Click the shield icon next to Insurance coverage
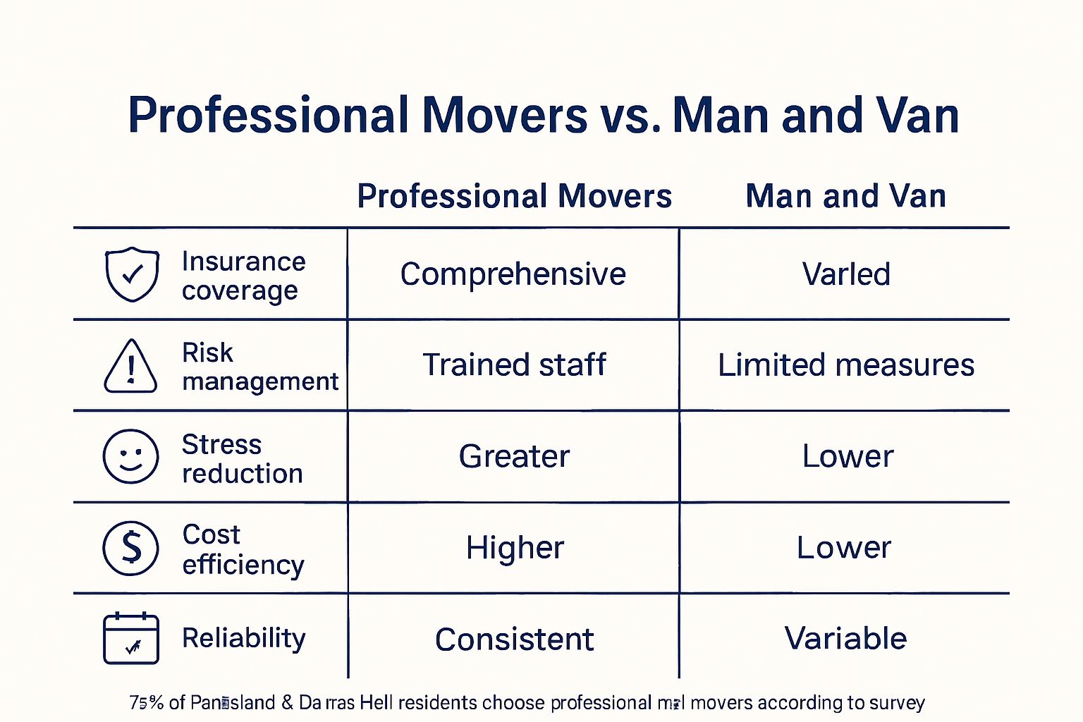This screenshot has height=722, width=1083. (x=131, y=274)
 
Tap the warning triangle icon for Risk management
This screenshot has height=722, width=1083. (x=130, y=366)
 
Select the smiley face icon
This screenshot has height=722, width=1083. (x=130, y=456)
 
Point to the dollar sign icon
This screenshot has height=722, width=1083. (x=131, y=548)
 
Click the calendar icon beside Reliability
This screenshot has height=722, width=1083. (x=131, y=638)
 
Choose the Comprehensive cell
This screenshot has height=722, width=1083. (x=513, y=274)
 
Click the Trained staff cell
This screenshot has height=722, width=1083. (x=514, y=365)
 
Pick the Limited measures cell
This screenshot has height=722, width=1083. (x=845, y=365)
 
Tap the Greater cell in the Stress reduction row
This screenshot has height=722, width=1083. (x=514, y=456)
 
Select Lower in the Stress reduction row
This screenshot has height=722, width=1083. (x=847, y=456)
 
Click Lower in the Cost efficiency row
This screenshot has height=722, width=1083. (x=844, y=548)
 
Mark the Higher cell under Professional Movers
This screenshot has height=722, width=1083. (x=515, y=548)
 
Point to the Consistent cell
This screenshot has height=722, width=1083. (x=514, y=640)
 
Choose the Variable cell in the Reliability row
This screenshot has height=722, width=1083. (x=845, y=638)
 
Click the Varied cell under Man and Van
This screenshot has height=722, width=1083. (x=846, y=274)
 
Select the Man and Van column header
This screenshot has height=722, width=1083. (x=845, y=196)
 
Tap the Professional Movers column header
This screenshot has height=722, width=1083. (x=514, y=196)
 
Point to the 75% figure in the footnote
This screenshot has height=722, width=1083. (x=147, y=703)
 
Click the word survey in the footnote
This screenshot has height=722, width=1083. (x=897, y=703)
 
